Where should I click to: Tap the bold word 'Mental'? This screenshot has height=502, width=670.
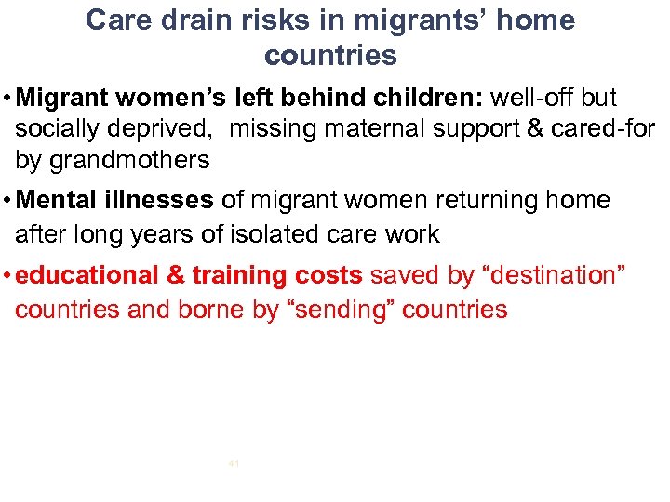(60, 200)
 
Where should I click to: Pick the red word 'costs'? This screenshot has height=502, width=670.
(328, 275)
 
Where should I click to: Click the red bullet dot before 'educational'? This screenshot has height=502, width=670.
(7, 276)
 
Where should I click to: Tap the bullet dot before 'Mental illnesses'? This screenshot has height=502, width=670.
(7, 201)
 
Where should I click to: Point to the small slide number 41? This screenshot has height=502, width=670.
(234, 462)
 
